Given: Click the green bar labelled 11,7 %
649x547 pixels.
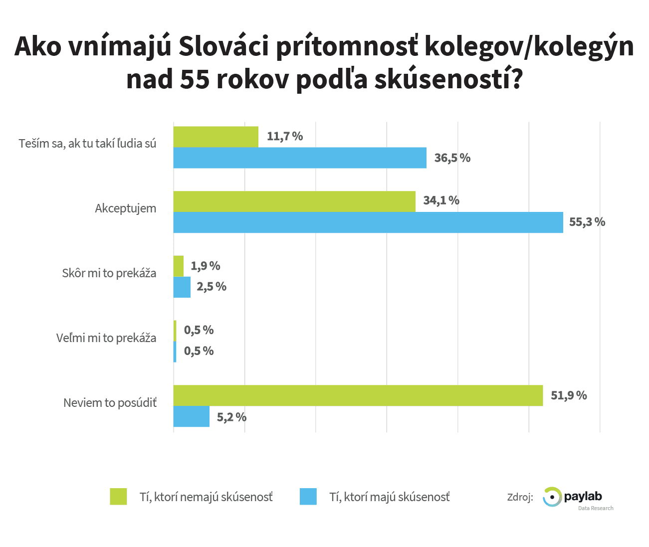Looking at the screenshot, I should (x=216, y=137).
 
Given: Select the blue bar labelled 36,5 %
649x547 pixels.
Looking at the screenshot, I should (x=299, y=158).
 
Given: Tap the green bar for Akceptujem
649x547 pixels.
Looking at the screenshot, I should (x=294, y=201).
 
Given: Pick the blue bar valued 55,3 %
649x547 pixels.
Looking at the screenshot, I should (x=368, y=222).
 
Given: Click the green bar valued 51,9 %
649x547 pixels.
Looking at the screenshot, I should (x=358, y=395).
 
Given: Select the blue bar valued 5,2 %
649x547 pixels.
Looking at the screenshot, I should (x=191, y=416).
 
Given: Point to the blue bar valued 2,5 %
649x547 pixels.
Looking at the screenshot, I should (x=182, y=287).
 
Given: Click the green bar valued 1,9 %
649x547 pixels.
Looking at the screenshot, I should (x=178, y=266).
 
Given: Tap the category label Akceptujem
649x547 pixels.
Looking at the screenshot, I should (x=125, y=208).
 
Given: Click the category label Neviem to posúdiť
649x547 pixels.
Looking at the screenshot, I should (x=110, y=403).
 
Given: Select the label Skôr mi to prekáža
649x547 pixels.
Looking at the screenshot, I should (x=109, y=273).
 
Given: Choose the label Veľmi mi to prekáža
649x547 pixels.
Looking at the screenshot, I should (x=106, y=338).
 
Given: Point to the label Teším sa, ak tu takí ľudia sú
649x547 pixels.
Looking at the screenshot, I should (x=87, y=144).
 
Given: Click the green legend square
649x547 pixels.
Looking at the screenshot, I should (x=118, y=497).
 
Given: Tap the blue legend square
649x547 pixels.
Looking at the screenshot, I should (x=308, y=497).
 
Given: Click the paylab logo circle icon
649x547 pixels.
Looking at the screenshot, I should (x=552, y=497).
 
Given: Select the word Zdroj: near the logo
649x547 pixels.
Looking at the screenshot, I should (x=520, y=497).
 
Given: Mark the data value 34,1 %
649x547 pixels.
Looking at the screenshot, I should (x=441, y=200).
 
